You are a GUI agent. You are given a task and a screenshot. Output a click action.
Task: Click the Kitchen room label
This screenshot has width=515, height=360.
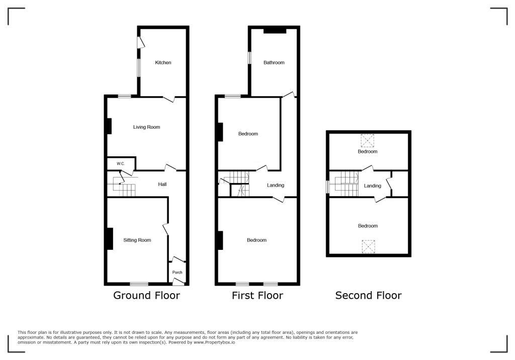163,63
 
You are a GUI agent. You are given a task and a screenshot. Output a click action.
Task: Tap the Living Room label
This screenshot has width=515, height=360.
146,127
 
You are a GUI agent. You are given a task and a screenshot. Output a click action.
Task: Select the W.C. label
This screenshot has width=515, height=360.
121,164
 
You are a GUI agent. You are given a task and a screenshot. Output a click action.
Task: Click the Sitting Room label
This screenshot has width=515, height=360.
137,240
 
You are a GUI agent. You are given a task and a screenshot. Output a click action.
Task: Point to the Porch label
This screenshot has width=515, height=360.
177,273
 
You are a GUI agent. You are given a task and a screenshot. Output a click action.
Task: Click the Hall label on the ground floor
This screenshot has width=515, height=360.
162,185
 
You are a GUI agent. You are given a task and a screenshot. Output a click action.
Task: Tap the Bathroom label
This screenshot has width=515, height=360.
274,63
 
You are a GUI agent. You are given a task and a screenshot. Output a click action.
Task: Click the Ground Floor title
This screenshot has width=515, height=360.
146,296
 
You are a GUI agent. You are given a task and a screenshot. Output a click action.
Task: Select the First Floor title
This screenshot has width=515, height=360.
257,296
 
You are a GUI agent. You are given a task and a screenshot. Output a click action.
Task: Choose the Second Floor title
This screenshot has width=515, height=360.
368,296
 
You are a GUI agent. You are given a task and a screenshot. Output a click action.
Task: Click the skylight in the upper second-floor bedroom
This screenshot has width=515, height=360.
368,139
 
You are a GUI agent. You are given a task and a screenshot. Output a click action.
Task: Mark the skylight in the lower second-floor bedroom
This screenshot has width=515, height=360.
368,246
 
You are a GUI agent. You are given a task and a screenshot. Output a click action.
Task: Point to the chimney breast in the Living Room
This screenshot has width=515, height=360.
109,126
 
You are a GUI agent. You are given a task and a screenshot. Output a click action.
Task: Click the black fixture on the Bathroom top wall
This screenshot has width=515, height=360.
275,31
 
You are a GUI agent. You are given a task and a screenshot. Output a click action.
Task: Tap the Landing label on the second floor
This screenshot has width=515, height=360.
373,186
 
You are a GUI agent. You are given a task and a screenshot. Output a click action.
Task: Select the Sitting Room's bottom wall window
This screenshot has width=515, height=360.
139,284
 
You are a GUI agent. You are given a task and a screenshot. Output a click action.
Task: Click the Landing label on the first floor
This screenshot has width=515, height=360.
276,186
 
